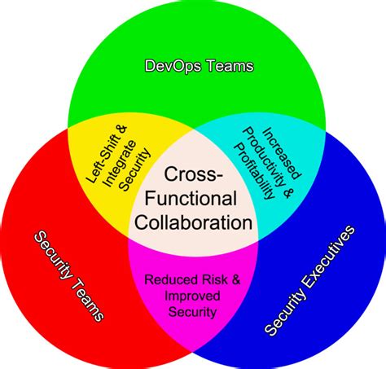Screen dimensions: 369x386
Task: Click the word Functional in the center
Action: (192, 199)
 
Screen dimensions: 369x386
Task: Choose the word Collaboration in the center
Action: (192, 221)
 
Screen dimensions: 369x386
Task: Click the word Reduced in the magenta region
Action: (168, 280)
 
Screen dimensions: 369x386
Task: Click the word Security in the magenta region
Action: (193, 311)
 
